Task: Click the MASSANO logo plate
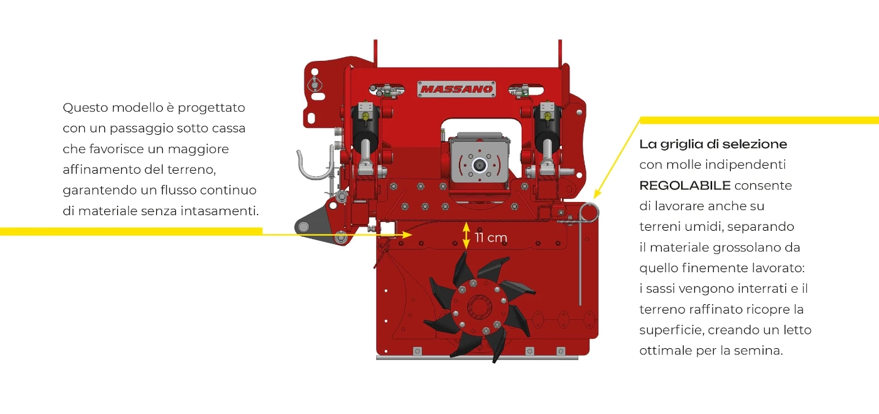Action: click(x=456, y=89)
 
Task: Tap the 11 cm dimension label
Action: click(x=490, y=238)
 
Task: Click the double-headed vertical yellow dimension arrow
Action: click(x=466, y=235)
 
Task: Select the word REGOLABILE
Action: click(x=685, y=186)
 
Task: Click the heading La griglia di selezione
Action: click(x=713, y=144)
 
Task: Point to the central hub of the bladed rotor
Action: click(x=479, y=306)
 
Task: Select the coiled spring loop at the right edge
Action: click(x=590, y=213)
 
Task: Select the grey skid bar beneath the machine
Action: click(x=477, y=358)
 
